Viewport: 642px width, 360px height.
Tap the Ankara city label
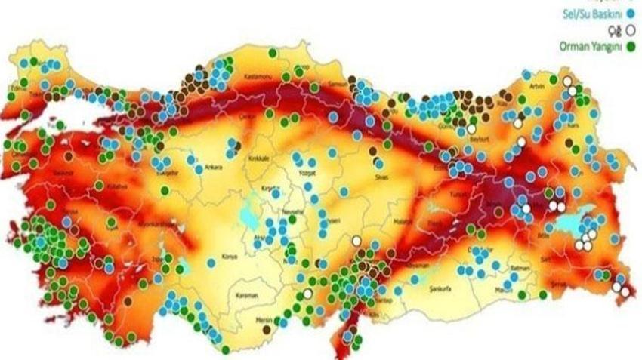[x=214, y=168]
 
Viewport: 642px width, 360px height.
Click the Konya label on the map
[x=230, y=257]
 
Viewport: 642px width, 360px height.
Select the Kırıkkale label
[x=259, y=160]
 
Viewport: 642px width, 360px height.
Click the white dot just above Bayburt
[x=471, y=129]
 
